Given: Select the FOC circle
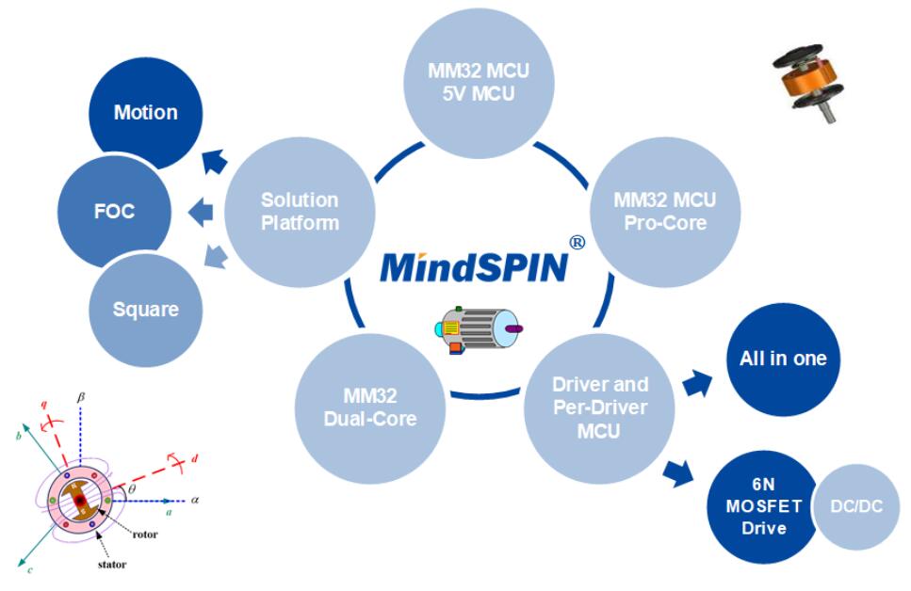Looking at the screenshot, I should click(x=114, y=211).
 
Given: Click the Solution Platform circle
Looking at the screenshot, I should click(x=300, y=212).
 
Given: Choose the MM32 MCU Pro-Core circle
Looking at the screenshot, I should click(x=664, y=212).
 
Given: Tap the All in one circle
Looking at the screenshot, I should click(x=783, y=359).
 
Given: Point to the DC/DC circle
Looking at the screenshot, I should click(x=857, y=506).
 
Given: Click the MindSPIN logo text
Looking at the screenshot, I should click(x=474, y=266).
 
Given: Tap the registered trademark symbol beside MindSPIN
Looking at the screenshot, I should click(x=578, y=242).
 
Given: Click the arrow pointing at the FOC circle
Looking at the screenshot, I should click(x=201, y=214).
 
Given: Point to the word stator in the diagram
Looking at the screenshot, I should click(x=112, y=565).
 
